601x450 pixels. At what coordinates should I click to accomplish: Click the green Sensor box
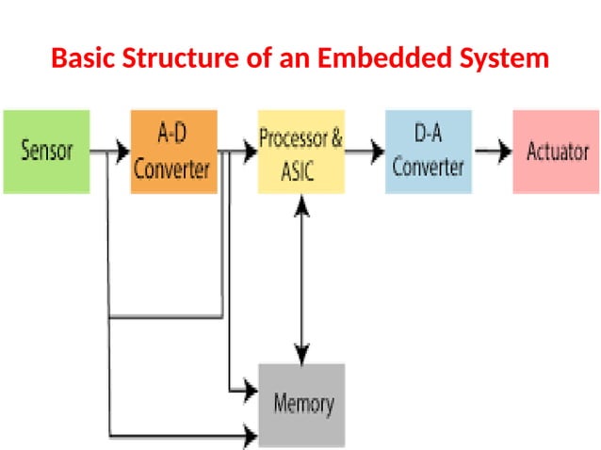pyautogui.click(x=46, y=151)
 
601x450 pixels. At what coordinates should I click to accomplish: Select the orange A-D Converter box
pyautogui.click(x=171, y=151)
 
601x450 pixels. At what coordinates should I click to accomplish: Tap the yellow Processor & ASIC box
pyautogui.click(x=300, y=151)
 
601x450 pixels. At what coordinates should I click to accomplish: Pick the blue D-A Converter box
pyautogui.click(x=428, y=151)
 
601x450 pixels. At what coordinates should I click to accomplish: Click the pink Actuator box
pyautogui.click(x=557, y=151)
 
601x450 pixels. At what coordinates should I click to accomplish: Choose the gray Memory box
pyautogui.click(x=301, y=404)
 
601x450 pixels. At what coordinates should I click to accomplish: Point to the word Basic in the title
pyautogui.click(x=83, y=58)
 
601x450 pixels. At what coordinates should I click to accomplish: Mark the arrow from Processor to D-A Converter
pyautogui.click(x=365, y=150)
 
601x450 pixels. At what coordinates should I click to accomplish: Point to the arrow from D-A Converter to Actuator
pyautogui.click(x=491, y=150)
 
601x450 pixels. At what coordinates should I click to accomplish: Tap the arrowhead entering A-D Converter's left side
pyautogui.click(x=122, y=150)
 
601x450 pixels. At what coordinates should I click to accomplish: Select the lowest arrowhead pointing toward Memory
pyautogui.click(x=251, y=437)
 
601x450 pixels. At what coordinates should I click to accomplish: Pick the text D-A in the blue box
pyautogui.click(x=428, y=136)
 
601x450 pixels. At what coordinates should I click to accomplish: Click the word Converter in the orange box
pyautogui.click(x=171, y=169)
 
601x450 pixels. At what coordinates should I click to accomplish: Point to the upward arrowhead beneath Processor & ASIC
pyautogui.click(x=301, y=202)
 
